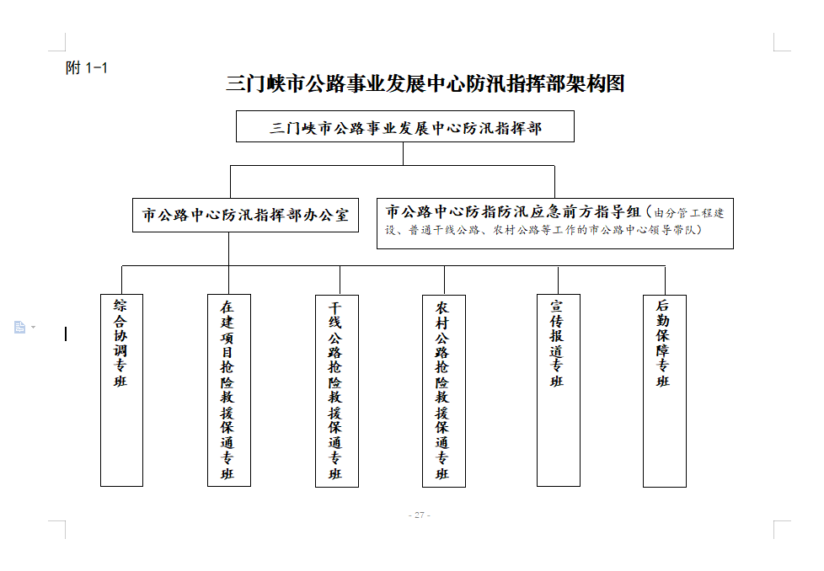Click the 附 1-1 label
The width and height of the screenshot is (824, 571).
coord(87,68)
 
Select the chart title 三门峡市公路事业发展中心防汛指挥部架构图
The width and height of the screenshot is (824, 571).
coord(425,83)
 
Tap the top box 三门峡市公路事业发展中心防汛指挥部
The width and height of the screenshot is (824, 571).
coord(405,128)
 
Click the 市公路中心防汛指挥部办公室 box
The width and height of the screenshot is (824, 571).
coord(245,215)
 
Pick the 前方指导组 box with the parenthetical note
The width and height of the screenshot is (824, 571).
coord(554,222)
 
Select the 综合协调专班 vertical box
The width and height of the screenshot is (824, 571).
coord(121,390)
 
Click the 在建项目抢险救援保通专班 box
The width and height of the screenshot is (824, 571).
coord(228,390)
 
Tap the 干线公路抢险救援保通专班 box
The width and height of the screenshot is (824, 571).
coord(336,390)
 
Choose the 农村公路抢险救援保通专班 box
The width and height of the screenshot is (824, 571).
coord(443,390)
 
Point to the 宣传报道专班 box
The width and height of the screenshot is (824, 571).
coord(558,390)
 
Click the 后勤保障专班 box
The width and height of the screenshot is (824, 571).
coord(664,390)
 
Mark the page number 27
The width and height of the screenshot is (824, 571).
coord(419,515)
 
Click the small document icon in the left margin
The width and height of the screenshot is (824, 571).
coord(19,328)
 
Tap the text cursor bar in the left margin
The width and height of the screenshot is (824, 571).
coord(66,334)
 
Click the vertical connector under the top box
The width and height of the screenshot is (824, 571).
coord(404,153)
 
